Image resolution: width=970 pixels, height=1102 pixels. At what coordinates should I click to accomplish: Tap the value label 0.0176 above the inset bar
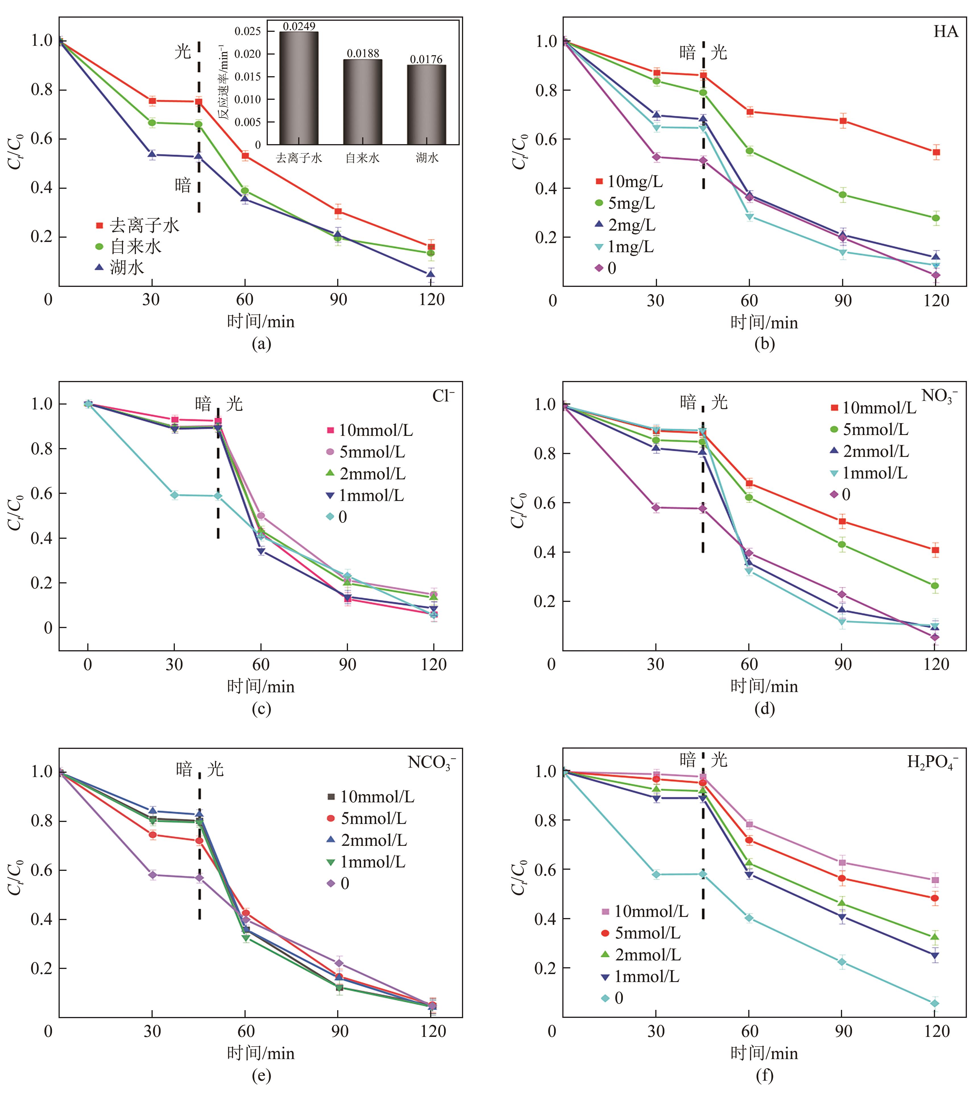[426, 59]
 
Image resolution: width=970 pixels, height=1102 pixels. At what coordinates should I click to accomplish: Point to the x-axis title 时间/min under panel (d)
[764, 686]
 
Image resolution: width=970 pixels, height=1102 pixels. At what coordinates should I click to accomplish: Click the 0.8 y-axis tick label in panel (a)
[42, 90]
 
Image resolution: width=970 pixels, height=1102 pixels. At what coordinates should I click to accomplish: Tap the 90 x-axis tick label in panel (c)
[347, 665]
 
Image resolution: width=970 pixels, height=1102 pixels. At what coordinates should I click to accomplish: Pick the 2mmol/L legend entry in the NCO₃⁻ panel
[374, 840]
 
